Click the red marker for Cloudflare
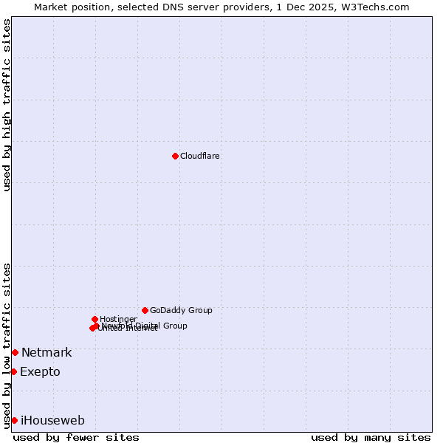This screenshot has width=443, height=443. coord(175,156)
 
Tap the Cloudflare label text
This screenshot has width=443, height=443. coord(200,157)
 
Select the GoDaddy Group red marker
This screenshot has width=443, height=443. coord(145,310)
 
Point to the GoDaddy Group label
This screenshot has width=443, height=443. coord(181,311)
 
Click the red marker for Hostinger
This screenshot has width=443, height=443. coord(95,319)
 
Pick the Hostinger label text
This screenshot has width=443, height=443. coord(118,319)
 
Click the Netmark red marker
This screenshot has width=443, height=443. coord(15,352)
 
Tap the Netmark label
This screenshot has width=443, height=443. coord(47,353)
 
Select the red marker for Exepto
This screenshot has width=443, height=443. coord(13,371)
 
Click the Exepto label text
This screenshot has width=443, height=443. coord(40,372)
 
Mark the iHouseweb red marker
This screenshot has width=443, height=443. coord(14,420)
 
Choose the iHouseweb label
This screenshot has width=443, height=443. coord(52,421)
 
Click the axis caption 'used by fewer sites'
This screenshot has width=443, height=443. coord(76,438)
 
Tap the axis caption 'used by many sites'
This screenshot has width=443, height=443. coord(371,438)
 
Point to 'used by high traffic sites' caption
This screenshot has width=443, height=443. coord(7,105)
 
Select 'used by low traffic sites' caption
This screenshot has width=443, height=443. coord(7,346)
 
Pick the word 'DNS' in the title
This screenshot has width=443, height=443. coord(168,7)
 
